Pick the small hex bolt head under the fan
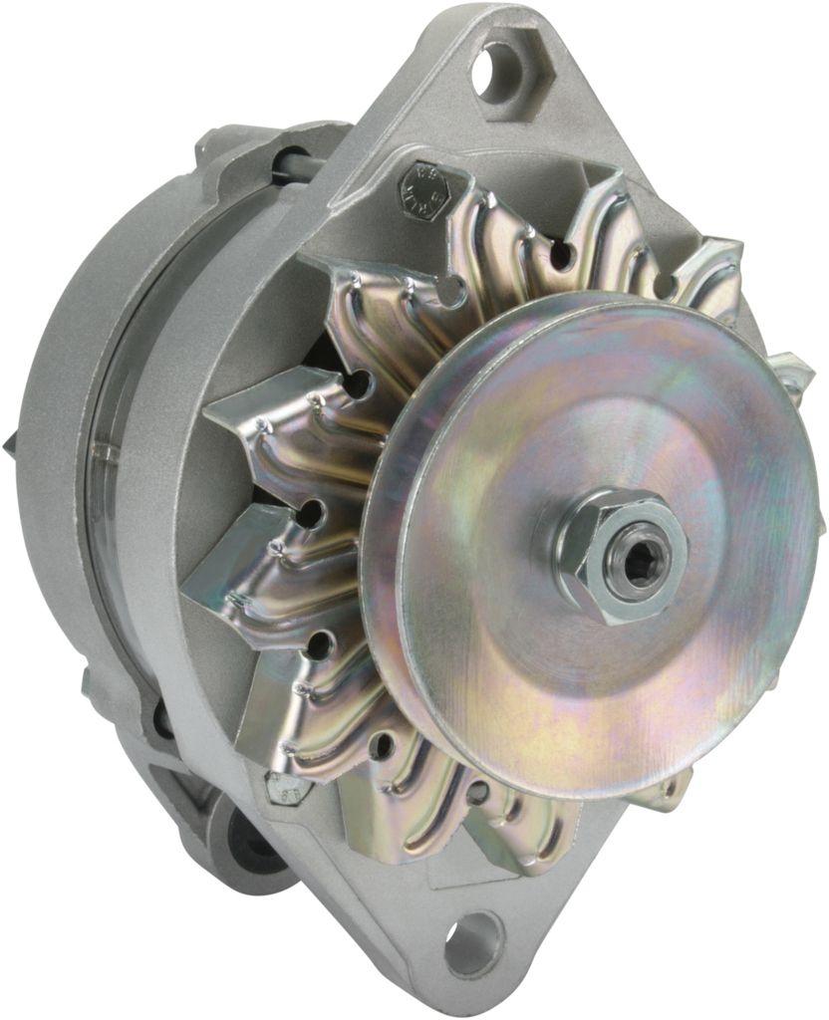click(x=289, y=789)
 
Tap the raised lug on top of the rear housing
click(x=214, y=149)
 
